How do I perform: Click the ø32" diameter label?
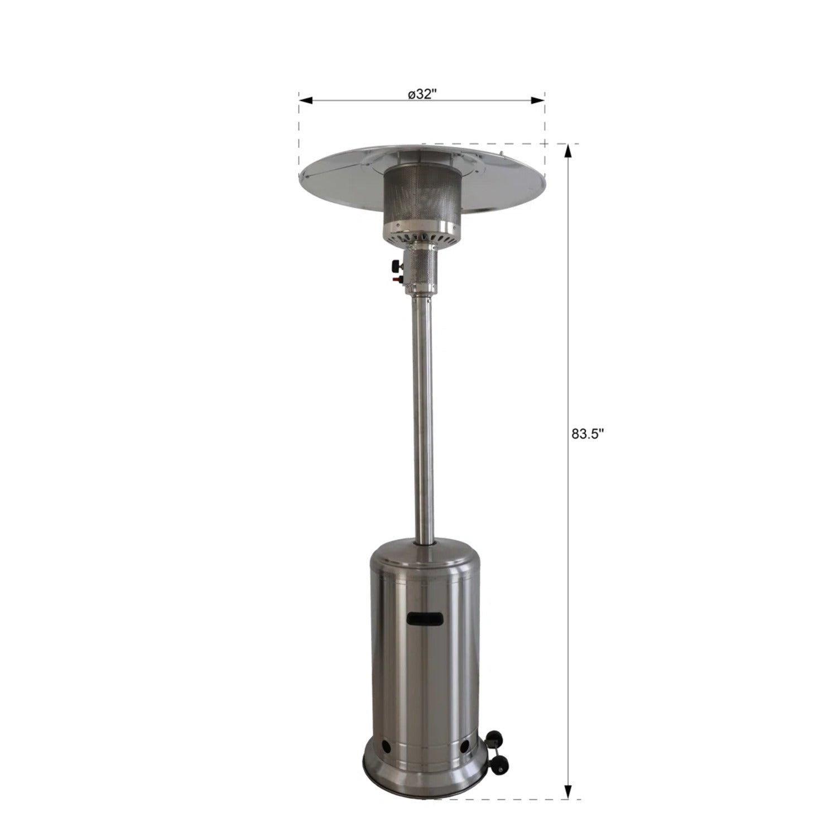(x=421, y=94)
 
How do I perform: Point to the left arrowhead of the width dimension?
(x=305, y=100)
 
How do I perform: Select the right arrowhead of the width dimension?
(x=537, y=100)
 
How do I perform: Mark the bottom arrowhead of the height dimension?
(x=568, y=792)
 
